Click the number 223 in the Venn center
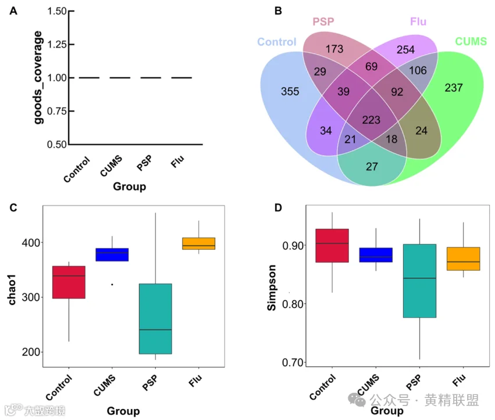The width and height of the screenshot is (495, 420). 372,120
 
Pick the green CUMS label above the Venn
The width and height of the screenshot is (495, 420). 471,41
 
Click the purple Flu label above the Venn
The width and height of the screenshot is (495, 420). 418,22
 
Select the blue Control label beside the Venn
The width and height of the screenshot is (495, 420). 276,42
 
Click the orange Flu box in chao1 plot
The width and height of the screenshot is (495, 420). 199,243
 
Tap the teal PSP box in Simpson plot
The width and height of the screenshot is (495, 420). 419,281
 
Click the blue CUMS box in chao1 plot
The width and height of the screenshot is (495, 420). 112,254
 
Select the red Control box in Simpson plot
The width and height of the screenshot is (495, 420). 332,245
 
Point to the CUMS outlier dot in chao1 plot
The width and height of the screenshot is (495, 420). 112,284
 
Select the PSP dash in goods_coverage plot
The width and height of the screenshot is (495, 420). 151,78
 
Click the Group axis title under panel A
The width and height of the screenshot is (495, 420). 129,186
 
